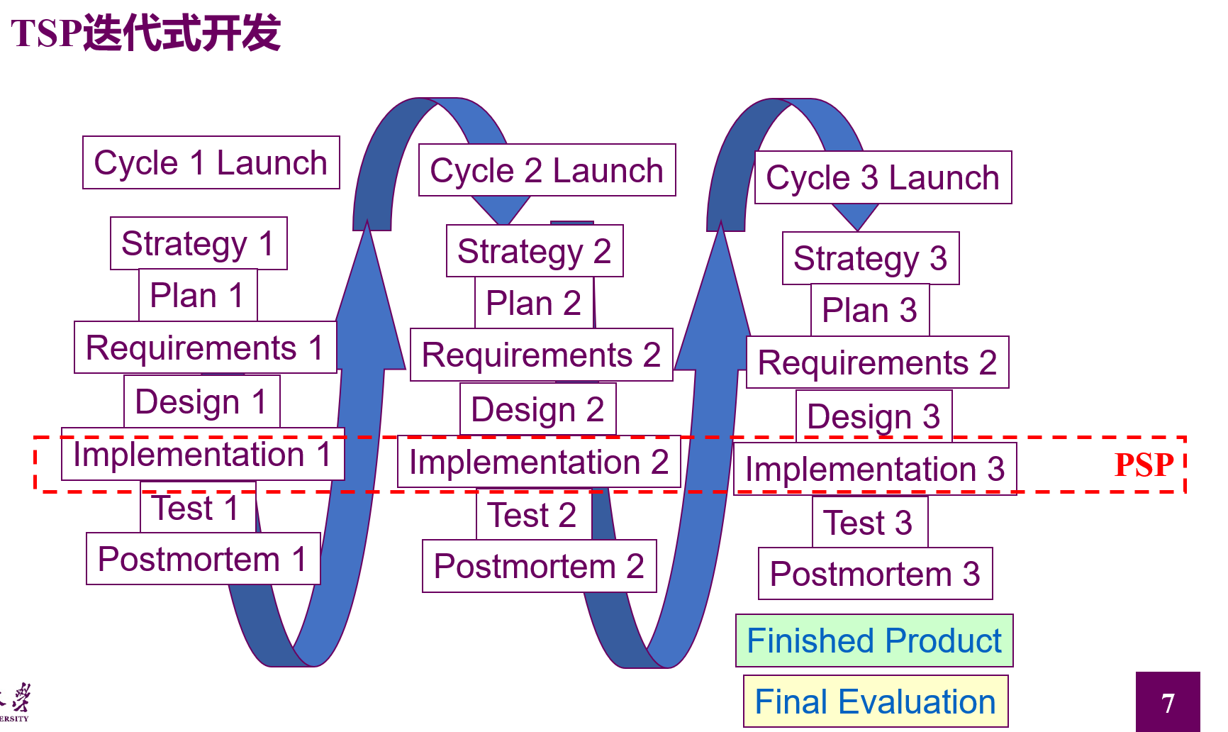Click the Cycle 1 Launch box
pyautogui.click(x=211, y=162)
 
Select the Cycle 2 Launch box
pyautogui.click(x=547, y=170)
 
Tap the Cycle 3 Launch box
pyautogui.click(x=883, y=177)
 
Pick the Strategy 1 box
pyautogui.click(x=199, y=243)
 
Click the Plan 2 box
pyautogui.click(x=534, y=303)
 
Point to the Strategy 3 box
pyautogui.click(x=871, y=258)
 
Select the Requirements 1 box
pyautogui.click(x=206, y=348)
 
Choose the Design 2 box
pyautogui.click(x=538, y=409)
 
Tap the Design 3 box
pyautogui.click(x=874, y=416)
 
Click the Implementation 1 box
pyautogui.click(x=203, y=454)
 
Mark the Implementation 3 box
pyautogui.click(x=875, y=469)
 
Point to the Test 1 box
pyautogui.click(x=198, y=507)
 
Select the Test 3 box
pyautogui.click(x=870, y=522)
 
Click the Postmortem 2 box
pyautogui.click(x=540, y=566)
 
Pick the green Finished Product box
pyautogui.click(x=874, y=640)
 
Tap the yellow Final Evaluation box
pyautogui.click(x=876, y=701)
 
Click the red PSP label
pyautogui.click(x=1144, y=465)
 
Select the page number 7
pyautogui.click(x=1168, y=703)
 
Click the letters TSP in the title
pyautogui.click(x=46, y=33)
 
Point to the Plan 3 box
pyautogui.click(x=870, y=310)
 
